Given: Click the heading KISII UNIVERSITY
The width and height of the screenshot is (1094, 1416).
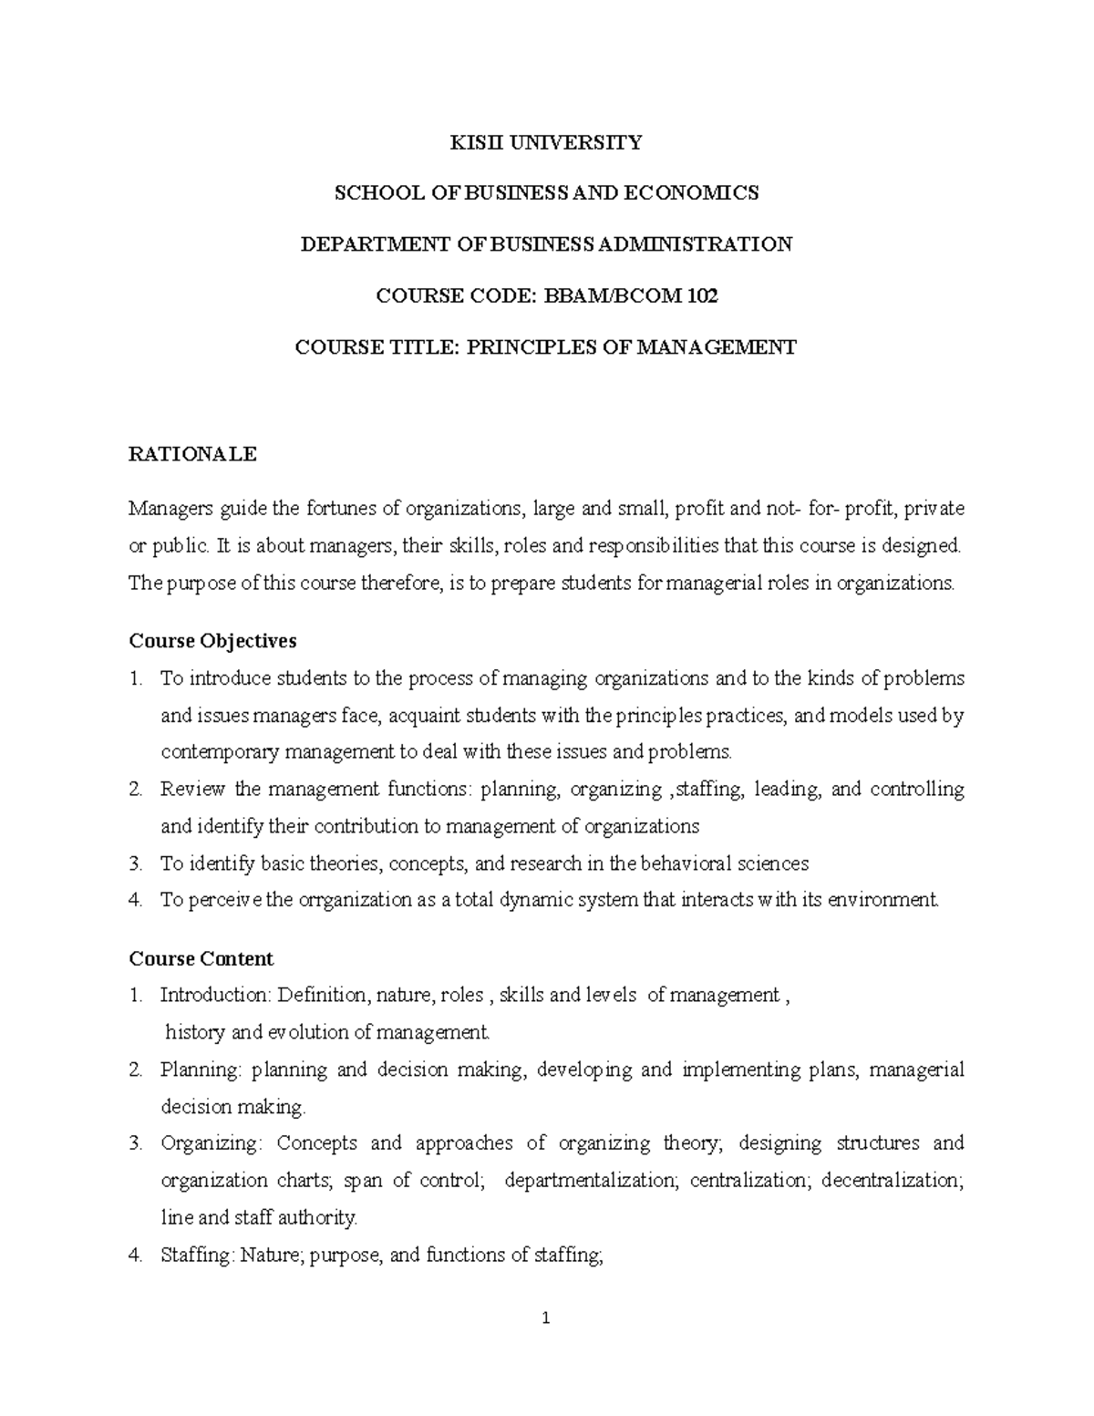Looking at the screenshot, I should (x=547, y=142).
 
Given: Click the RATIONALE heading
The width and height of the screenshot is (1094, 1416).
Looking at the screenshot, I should (x=193, y=454).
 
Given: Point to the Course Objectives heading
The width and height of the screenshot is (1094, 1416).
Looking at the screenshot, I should (x=212, y=641).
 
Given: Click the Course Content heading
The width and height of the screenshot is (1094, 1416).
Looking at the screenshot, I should (x=201, y=959).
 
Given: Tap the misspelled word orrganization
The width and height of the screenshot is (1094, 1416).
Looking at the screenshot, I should (x=354, y=900).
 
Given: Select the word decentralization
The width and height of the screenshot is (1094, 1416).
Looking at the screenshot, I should (x=893, y=1181).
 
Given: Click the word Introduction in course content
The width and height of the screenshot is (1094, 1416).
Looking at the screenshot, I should (x=215, y=996).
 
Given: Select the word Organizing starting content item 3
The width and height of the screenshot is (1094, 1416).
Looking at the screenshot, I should (x=212, y=1143).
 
